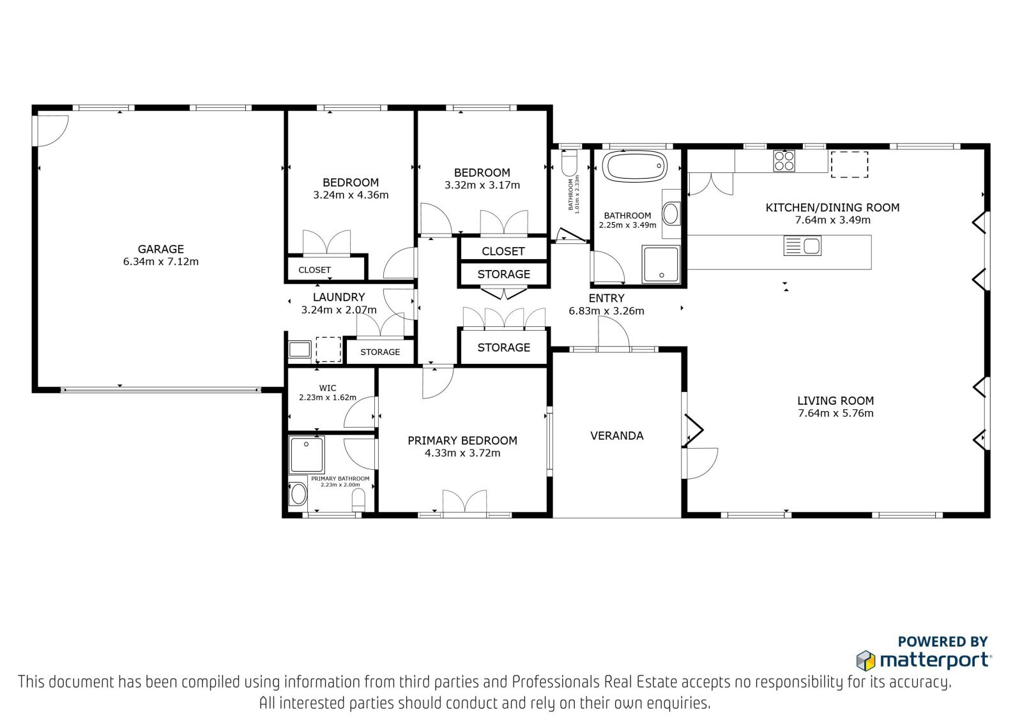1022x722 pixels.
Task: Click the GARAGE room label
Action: pos(160,249)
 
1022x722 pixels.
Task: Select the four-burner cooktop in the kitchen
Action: pos(784,161)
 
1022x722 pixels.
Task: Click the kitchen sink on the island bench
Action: pos(802,245)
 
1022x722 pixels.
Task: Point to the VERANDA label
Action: pos(617,435)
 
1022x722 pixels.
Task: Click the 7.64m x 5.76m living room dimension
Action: pos(835,413)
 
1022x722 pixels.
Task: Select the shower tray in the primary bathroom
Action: pos(307,455)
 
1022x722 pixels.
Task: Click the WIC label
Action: pos(328,388)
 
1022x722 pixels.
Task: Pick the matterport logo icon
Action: pos(866,661)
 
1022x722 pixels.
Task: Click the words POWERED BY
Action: pos(943,642)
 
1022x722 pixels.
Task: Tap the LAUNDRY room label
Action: pos(339,297)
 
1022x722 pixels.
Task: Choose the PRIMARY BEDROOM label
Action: pos(462,440)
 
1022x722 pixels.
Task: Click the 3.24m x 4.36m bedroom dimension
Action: pos(351,195)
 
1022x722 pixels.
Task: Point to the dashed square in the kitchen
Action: pos(849,164)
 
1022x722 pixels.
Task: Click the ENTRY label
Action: pos(606,298)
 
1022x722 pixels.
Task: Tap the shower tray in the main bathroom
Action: pos(661,264)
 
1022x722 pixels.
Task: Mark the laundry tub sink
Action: pos(300,350)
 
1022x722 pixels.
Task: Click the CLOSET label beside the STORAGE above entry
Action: pos(503,252)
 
